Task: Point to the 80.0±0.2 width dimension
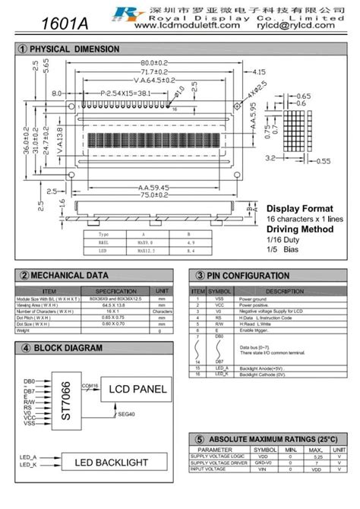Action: pyautogui.click(x=153, y=62)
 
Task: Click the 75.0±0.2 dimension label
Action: pyautogui.click(x=153, y=195)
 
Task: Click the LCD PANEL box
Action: pyautogui.click(x=137, y=389)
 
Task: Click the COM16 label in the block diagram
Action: pyautogui.click(x=90, y=385)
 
